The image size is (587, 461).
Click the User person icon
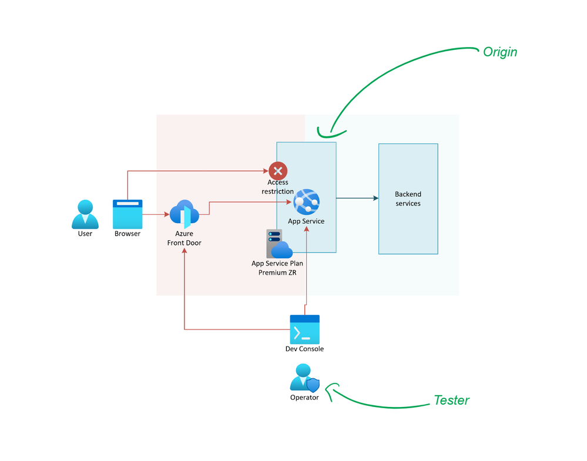pyautogui.click(x=85, y=214)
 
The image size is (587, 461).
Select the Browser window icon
pyautogui.click(x=128, y=214)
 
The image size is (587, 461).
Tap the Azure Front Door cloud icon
pyautogui.click(x=185, y=214)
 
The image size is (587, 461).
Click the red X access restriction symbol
pyautogui.click(x=278, y=171)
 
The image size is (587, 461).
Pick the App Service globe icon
pyautogui.click(x=306, y=202)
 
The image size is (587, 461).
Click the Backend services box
pyautogui.click(x=408, y=198)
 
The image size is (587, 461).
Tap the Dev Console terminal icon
pyautogui.click(x=304, y=329)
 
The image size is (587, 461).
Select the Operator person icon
pyautogui.click(x=304, y=378)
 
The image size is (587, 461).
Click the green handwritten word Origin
pyautogui.click(x=499, y=52)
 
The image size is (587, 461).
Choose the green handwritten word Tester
pyautogui.click(x=451, y=401)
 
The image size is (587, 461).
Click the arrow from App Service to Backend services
pyautogui.click(x=357, y=198)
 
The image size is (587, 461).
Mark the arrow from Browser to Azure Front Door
pyautogui.click(x=156, y=214)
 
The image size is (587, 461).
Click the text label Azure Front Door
pyautogui.click(x=185, y=238)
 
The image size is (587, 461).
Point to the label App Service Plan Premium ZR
pyautogui.click(x=277, y=268)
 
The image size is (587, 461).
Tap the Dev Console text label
pyautogui.click(x=304, y=349)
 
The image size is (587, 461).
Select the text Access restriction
pyautogui.click(x=278, y=187)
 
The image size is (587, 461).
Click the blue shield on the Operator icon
pyautogui.click(x=313, y=385)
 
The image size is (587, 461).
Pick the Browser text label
pyautogui.click(x=128, y=234)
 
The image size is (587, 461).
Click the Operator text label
pyautogui.click(x=304, y=398)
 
